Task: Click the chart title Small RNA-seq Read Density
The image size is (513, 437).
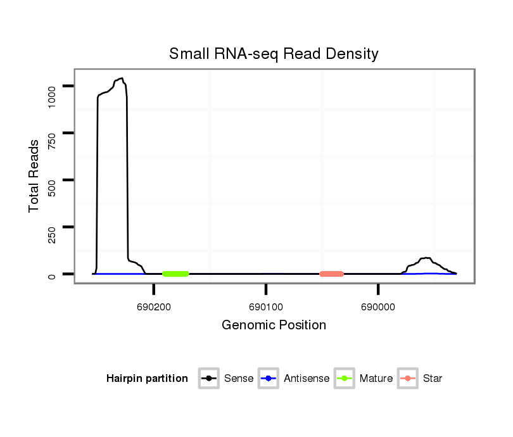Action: (274, 54)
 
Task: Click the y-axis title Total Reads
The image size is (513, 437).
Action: (34, 175)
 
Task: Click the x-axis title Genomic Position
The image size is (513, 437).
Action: (274, 326)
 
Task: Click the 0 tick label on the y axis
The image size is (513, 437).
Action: (52, 275)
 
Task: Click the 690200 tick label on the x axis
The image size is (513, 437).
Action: (154, 307)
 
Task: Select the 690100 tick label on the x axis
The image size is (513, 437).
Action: (266, 307)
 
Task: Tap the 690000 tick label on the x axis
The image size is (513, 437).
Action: (378, 307)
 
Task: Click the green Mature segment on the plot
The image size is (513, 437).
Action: (175, 274)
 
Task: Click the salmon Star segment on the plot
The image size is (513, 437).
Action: (332, 274)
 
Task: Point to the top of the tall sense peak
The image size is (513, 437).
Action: (120, 79)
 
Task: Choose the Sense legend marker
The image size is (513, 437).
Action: (209, 379)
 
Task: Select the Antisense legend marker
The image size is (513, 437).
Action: (269, 379)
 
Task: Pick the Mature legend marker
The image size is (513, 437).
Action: (344, 379)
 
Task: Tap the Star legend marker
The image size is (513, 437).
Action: (407, 379)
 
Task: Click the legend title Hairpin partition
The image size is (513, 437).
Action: (147, 379)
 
